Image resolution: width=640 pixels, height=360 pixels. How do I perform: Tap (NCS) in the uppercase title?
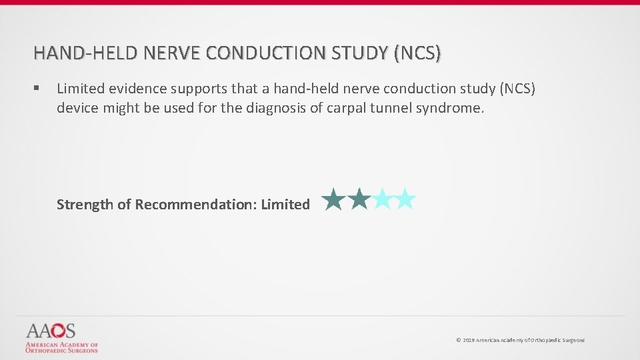[417, 53]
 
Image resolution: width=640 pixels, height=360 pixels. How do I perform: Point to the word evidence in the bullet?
[134, 89]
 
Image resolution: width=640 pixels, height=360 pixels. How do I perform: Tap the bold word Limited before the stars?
[285, 205]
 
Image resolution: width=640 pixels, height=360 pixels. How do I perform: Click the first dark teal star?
[333, 199]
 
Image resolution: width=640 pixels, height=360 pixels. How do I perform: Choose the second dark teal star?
[359, 199]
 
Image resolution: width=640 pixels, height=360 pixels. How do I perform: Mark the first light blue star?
[382, 199]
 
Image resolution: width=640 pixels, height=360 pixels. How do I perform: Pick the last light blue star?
[405, 199]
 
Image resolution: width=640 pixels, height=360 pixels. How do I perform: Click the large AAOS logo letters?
[51, 331]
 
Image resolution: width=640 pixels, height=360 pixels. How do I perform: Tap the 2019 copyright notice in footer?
[520, 340]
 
